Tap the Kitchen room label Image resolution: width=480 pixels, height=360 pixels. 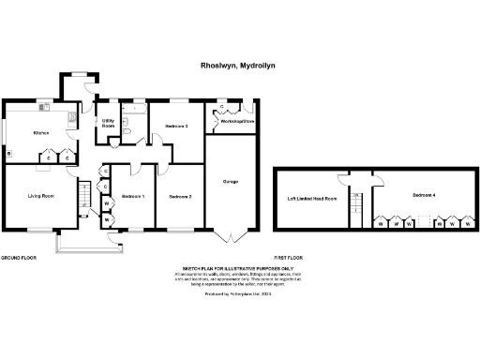point(41,133)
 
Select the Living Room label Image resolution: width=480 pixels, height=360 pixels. point(39,196)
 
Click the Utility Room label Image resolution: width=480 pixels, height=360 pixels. point(108,123)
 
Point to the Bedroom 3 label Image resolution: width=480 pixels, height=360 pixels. point(177,126)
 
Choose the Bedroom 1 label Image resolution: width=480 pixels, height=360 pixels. point(133,196)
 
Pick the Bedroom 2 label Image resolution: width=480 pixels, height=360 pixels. point(180,197)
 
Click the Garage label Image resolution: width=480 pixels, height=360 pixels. point(229,181)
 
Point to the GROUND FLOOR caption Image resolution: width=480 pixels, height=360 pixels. point(18,256)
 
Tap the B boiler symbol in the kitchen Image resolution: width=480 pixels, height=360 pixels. point(8,153)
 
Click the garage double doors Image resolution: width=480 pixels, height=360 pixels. point(229,234)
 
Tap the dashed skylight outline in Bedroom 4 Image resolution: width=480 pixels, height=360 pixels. point(427,223)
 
